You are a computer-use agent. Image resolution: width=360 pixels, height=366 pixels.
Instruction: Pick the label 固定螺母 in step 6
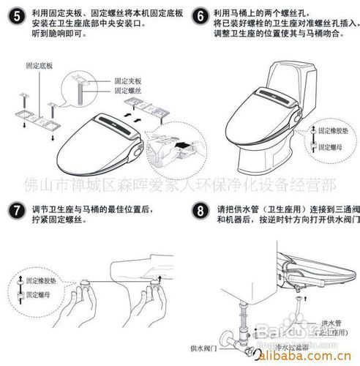click(x=330, y=146)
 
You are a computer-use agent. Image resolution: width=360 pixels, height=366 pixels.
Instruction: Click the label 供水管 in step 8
click(x=329, y=323)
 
